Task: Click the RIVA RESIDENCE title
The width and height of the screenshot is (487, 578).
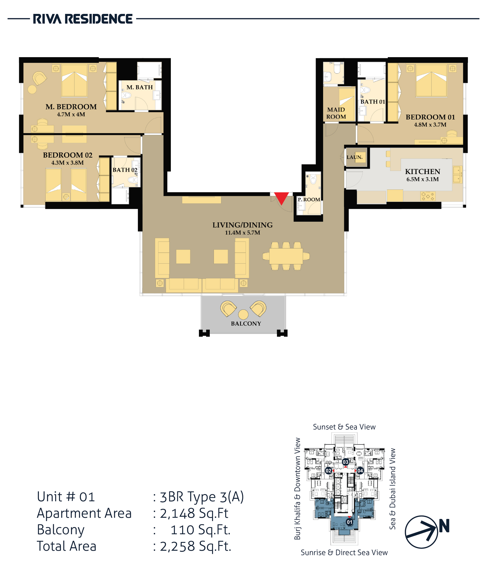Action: pos(82,19)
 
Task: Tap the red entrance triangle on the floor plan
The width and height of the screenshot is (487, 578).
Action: pos(281,198)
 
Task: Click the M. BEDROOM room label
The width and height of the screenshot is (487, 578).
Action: pos(71,107)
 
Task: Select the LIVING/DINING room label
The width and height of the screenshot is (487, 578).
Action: pos(242,225)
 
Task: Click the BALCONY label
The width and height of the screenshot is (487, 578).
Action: pos(246,323)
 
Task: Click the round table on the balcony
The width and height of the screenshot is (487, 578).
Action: pos(243,315)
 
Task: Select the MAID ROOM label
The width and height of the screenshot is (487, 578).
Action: pos(336,113)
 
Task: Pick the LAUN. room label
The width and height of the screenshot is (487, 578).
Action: pos(355,157)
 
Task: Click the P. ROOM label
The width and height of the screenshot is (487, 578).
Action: pos(309,200)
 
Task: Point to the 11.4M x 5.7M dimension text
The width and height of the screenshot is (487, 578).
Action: pos(242,232)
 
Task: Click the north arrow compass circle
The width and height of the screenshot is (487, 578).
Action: pos(421,532)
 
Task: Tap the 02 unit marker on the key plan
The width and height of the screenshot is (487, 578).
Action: pos(329,470)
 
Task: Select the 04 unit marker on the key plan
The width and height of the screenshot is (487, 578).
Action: pos(360,470)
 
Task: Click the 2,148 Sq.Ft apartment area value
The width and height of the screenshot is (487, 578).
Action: pos(194,513)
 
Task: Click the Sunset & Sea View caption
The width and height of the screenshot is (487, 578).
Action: pos(344,427)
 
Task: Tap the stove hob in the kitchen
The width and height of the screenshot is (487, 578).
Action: pos(428,196)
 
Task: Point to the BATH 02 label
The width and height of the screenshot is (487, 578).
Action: pos(125,170)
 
